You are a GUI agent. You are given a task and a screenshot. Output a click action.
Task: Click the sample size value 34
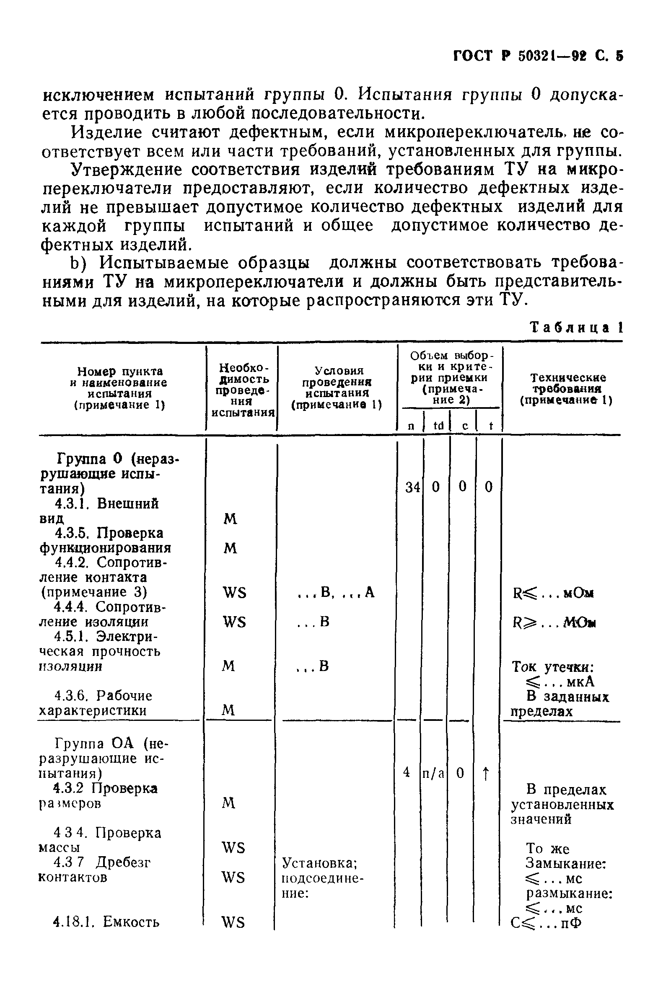tap(412, 487)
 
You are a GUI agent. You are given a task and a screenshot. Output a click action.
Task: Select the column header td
tap(438, 426)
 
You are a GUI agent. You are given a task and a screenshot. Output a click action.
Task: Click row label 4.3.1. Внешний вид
tap(99, 511)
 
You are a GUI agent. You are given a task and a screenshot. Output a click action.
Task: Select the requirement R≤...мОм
tap(553, 593)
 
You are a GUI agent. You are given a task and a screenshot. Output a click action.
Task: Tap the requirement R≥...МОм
tap(554, 622)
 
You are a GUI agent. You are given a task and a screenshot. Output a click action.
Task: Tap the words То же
tap(547, 849)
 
